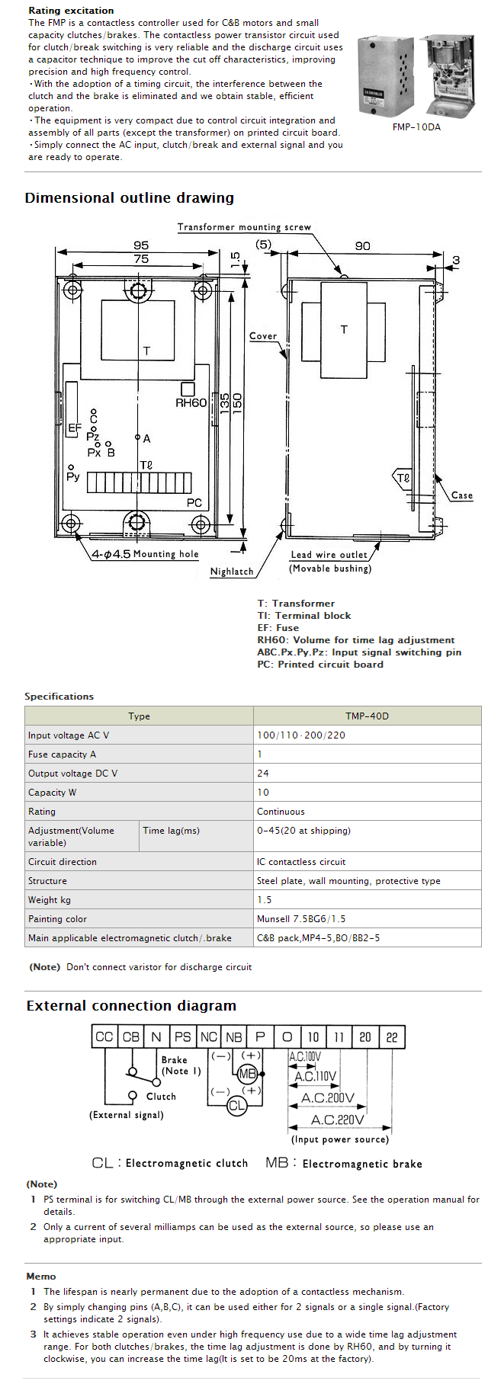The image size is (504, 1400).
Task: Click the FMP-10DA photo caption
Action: click(416, 127)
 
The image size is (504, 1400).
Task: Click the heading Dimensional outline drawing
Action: click(130, 198)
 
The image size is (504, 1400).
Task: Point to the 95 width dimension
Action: click(141, 245)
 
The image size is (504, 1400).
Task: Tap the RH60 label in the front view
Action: click(191, 403)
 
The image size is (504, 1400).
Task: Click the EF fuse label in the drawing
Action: click(75, 428)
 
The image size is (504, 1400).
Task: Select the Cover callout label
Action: click(263, 336)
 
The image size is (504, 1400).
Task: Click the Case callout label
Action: click(461, 495)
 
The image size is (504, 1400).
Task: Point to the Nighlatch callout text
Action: click(232, 572)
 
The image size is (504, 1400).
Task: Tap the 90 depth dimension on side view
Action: click(362, 246)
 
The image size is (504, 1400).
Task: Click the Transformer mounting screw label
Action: click(244, 227)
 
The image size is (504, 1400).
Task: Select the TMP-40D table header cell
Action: click(367, 716)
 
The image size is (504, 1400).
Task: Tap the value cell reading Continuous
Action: click(281, 812)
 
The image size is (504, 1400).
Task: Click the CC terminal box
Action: click(104, 1036)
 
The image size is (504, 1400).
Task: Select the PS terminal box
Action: click(182, 1036)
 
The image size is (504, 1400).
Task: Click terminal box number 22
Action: click(391, 1036)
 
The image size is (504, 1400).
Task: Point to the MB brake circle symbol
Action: click(248, 1074)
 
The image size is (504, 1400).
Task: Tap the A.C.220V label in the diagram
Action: click(337, 1120)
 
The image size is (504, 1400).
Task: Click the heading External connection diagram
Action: click(131, 1006)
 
